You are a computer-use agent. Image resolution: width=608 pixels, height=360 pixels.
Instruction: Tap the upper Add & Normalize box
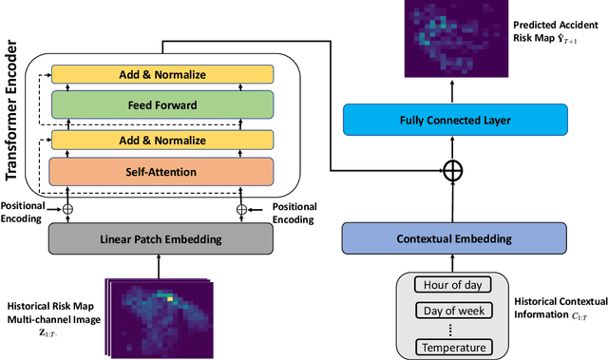click(x=161, y=74)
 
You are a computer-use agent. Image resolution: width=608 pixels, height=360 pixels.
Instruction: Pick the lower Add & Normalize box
click(x=161, y=141)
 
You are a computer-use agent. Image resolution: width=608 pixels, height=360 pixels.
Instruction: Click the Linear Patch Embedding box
click(x=161, y=240)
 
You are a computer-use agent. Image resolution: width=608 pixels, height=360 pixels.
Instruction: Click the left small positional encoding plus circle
click(x=67, y=209)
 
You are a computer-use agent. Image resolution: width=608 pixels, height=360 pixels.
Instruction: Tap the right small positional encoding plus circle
click(x=241, y=209)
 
